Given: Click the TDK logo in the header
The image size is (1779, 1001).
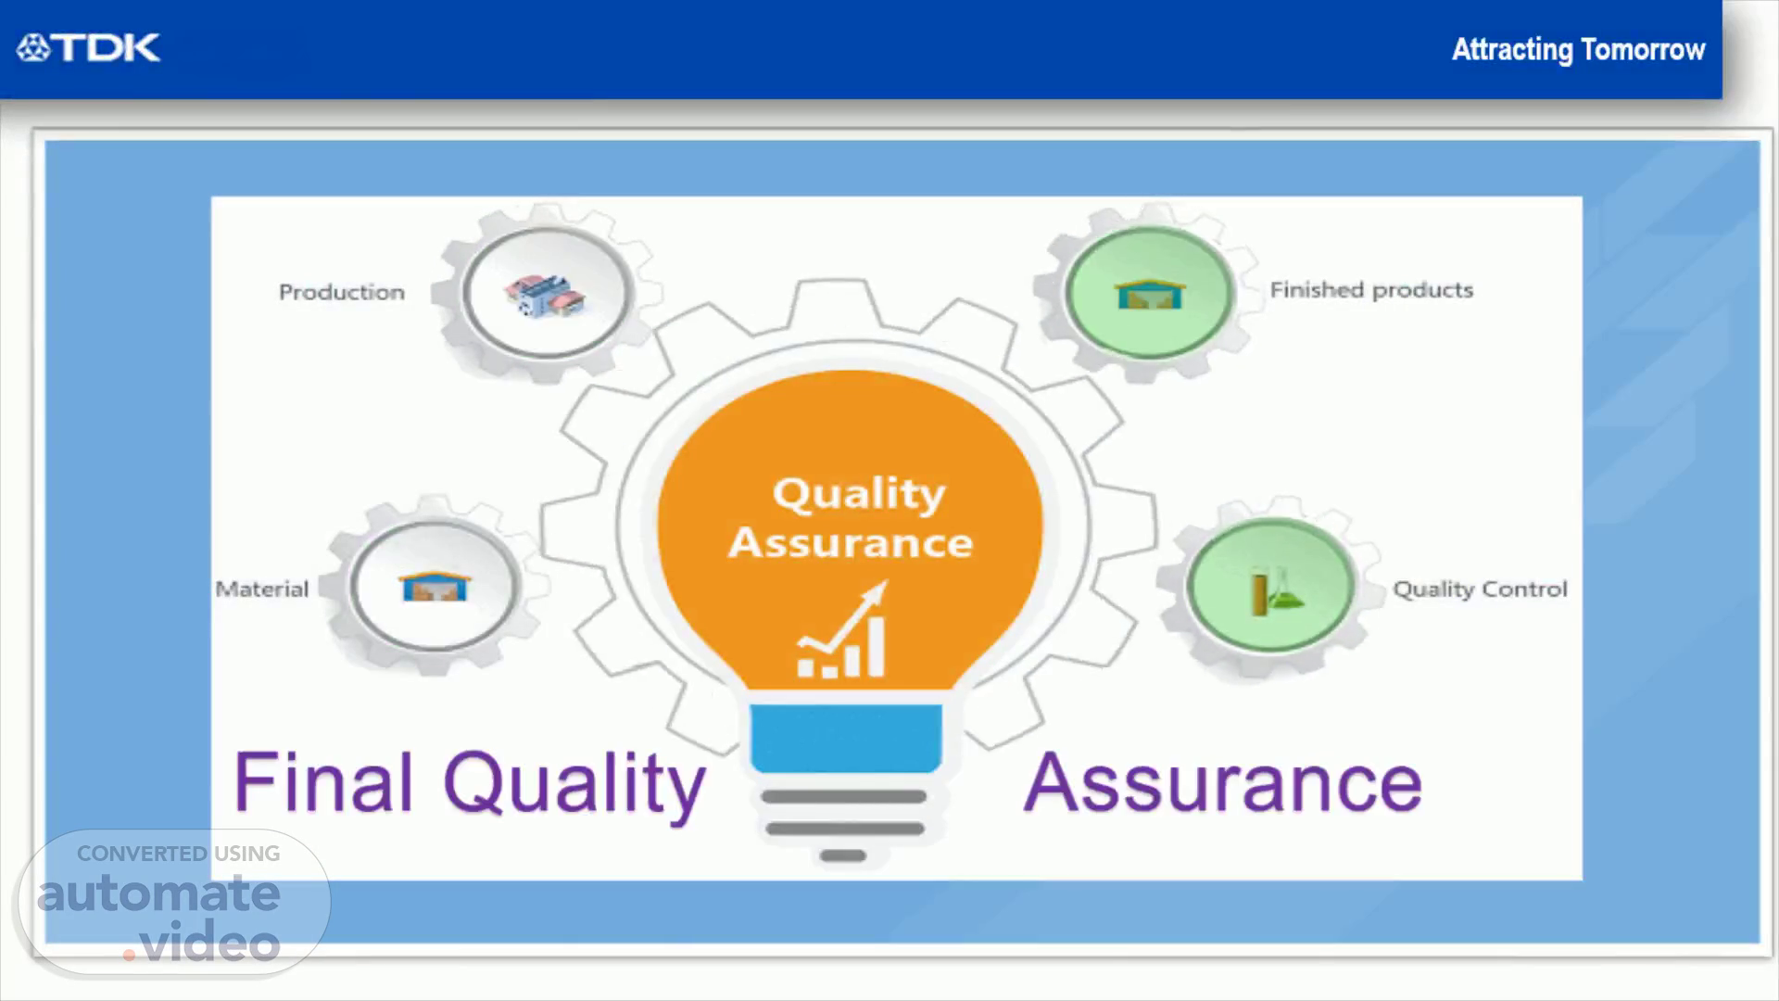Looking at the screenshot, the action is pyautogui.click(x=88, y=48).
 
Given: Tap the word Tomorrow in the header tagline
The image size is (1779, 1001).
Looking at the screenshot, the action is pyautogui.click(x=1643, y=49).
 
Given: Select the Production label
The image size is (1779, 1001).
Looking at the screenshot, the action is pyautogui.click(x=342, y=292).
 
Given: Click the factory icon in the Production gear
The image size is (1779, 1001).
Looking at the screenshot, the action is pyautogui.click(x=545, y=294).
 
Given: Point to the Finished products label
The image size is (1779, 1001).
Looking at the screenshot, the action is pyautogui.click(x=1371, y=290).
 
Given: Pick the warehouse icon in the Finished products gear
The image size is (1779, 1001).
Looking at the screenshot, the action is pyautogui.click(x=1150, y=294).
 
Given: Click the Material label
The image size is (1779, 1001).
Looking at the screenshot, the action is pyautogui.click(x=261, y=589).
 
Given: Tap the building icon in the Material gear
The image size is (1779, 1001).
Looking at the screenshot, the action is pyautogui.click(x=435, y=587).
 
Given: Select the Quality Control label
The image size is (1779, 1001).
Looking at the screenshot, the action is pyautogui.click(x=1480, y=589).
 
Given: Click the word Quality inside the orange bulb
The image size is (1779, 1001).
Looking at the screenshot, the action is pyautogui.click(x=859, y=494).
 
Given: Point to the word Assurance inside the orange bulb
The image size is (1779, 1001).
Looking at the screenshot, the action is pyautogui.click(x=851, y=542).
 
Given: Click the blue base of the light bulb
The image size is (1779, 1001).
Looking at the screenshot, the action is pyautogui.click(x=846, y=738).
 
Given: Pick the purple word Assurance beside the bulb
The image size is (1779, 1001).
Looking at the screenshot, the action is pyautogui.click(x=1223, y=783).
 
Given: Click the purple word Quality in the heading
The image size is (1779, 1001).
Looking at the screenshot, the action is pyautogui.click(x=574, y=786).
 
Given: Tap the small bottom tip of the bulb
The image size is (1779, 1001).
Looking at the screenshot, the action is pyautogui.click(x=843, y=855).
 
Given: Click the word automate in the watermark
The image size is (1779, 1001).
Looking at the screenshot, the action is pyautogui.click(x=158, y=893).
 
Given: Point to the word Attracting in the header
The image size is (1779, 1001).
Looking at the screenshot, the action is pyautogui.click(x=1512, y=50).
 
